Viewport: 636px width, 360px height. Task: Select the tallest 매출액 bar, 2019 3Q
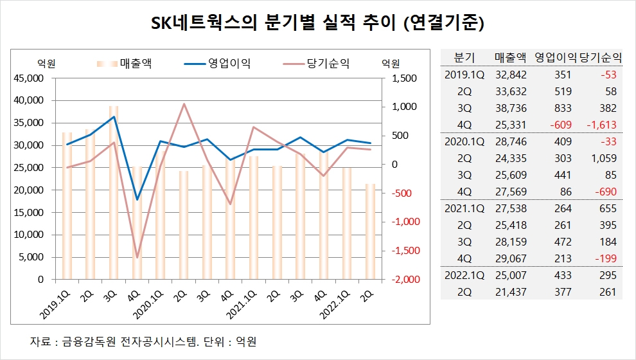click(x=113, y=193)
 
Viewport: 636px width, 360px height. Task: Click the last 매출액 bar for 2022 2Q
click(x=370, y=231)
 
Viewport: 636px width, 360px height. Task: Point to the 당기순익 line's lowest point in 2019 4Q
click(x=136, y=257)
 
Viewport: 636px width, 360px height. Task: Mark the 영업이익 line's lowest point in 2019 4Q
click(x=136, y=199)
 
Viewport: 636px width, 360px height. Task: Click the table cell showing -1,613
click(x=601, y=125)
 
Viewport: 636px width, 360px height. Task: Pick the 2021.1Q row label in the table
click(x=464, y=208)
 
